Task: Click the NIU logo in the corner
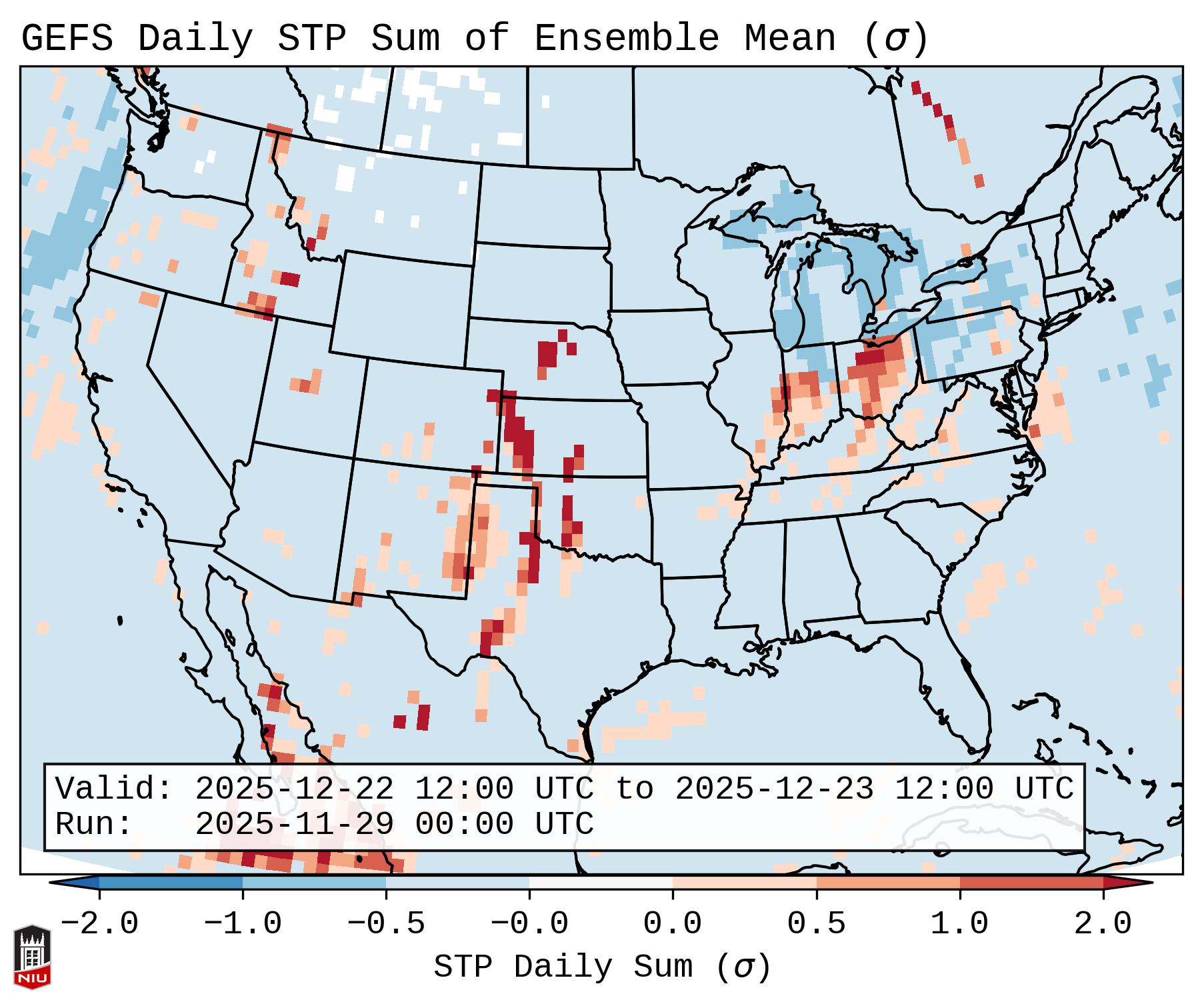32,957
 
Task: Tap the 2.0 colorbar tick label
1103,924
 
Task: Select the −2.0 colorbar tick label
99,924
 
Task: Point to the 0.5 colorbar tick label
816,924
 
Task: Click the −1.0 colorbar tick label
242,924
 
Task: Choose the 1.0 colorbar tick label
959,924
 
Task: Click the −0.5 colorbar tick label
385,924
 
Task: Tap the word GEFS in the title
67,39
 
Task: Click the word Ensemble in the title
627,39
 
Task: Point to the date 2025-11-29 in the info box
294,824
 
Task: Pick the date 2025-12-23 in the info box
774,789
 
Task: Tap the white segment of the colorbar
601,883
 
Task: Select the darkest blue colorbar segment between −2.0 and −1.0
171,883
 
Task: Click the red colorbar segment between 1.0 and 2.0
1031,883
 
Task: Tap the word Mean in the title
789,39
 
